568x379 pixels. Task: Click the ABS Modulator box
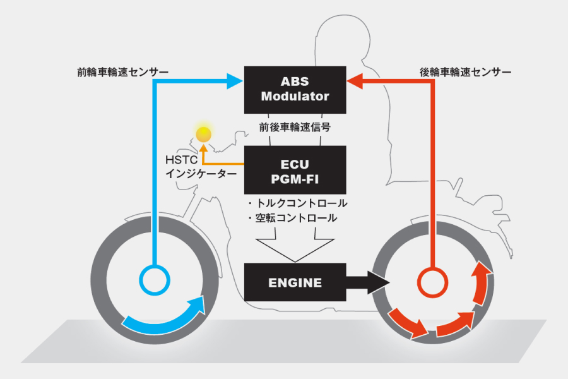(x=295, y=89)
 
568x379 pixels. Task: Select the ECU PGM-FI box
(x=295, y=169)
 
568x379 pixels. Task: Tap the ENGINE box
(x=295, y=282)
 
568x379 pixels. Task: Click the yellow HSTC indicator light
(x=203, y=134)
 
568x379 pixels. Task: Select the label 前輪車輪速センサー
(x=122, y=72)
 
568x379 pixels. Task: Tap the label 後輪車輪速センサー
(x=465, y=72)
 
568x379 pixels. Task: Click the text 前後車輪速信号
(x=295, y=126)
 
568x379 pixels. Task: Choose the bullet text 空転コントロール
(x=293, y=218)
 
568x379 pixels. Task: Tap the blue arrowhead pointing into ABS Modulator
(x=235, y=80)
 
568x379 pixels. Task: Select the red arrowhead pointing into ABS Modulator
(x=355, y=80)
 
